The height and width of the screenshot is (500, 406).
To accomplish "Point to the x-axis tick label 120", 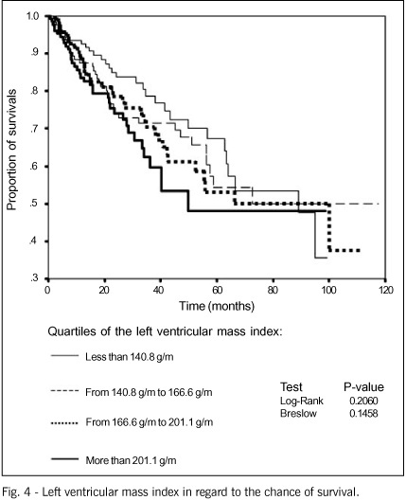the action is [x=385, y=291].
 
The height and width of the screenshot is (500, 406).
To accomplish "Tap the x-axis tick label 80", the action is [x=273, y=291].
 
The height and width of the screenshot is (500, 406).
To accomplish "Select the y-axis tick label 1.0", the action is [x=32, y=15].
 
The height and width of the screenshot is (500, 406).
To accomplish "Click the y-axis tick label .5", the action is [x=34, y=204].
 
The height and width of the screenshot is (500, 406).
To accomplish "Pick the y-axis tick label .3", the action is [x=34, y=278].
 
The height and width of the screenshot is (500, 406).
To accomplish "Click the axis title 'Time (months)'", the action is [x=217, y=306].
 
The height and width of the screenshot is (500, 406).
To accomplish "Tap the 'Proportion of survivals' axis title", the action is [x=11, y=150].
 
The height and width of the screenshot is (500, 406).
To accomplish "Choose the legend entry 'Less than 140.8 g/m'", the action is [x=113, y=356].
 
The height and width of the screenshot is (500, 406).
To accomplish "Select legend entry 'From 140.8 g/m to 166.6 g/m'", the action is [x=132, y=392].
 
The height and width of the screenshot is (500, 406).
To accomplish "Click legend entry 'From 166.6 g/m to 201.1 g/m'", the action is [x=132, y=422].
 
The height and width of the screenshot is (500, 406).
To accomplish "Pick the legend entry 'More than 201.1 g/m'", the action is [x=114, y=460].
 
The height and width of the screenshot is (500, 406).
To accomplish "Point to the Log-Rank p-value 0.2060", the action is [x=363, y=401].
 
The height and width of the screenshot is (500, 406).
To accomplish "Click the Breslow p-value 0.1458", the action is [x=363, y=414].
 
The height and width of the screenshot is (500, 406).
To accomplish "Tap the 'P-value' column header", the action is [x=363, y=387].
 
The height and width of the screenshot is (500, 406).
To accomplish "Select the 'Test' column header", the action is [x=291, y=387].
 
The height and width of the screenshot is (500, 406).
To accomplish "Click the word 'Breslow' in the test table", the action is [x=298, y=414].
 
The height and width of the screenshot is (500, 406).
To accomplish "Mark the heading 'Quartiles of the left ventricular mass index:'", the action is [x=165, y=331].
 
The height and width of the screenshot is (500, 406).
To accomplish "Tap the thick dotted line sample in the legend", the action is [x=64, y=423].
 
